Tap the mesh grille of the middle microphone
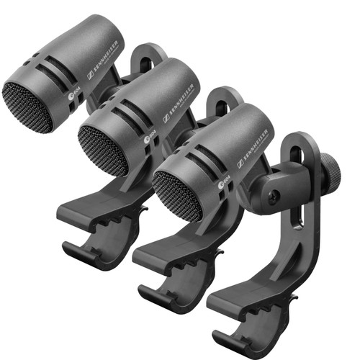click(x=103, y=151)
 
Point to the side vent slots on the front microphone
click(x=205, y=155)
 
